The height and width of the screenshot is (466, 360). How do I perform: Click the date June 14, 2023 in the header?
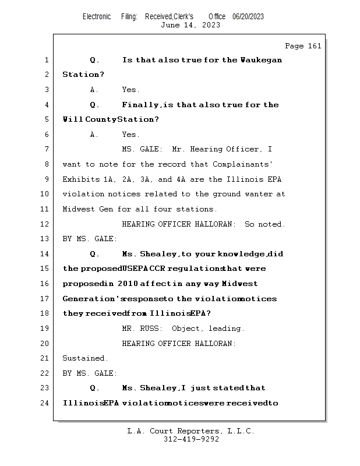click(x=190, y=25)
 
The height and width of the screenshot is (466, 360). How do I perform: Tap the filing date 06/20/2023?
click(x=248, y=17)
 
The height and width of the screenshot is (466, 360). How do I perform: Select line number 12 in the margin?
click(x=47, y=224)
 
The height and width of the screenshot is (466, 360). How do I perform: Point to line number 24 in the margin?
click(x=47, y=403)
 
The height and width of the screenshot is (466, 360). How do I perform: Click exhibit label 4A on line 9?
click(x=182, y=179)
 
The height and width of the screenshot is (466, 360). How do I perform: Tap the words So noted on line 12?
click(x=265, y=224)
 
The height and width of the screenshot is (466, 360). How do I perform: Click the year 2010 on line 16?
click(x=127, y=284)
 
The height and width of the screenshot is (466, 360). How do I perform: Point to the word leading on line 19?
click(x=227, y=329)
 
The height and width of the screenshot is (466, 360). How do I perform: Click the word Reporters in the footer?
click(x=196, y=432)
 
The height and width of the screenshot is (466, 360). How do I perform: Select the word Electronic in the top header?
click(x=97, y=17)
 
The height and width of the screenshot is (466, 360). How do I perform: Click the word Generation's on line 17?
click(x=93, y=299)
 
